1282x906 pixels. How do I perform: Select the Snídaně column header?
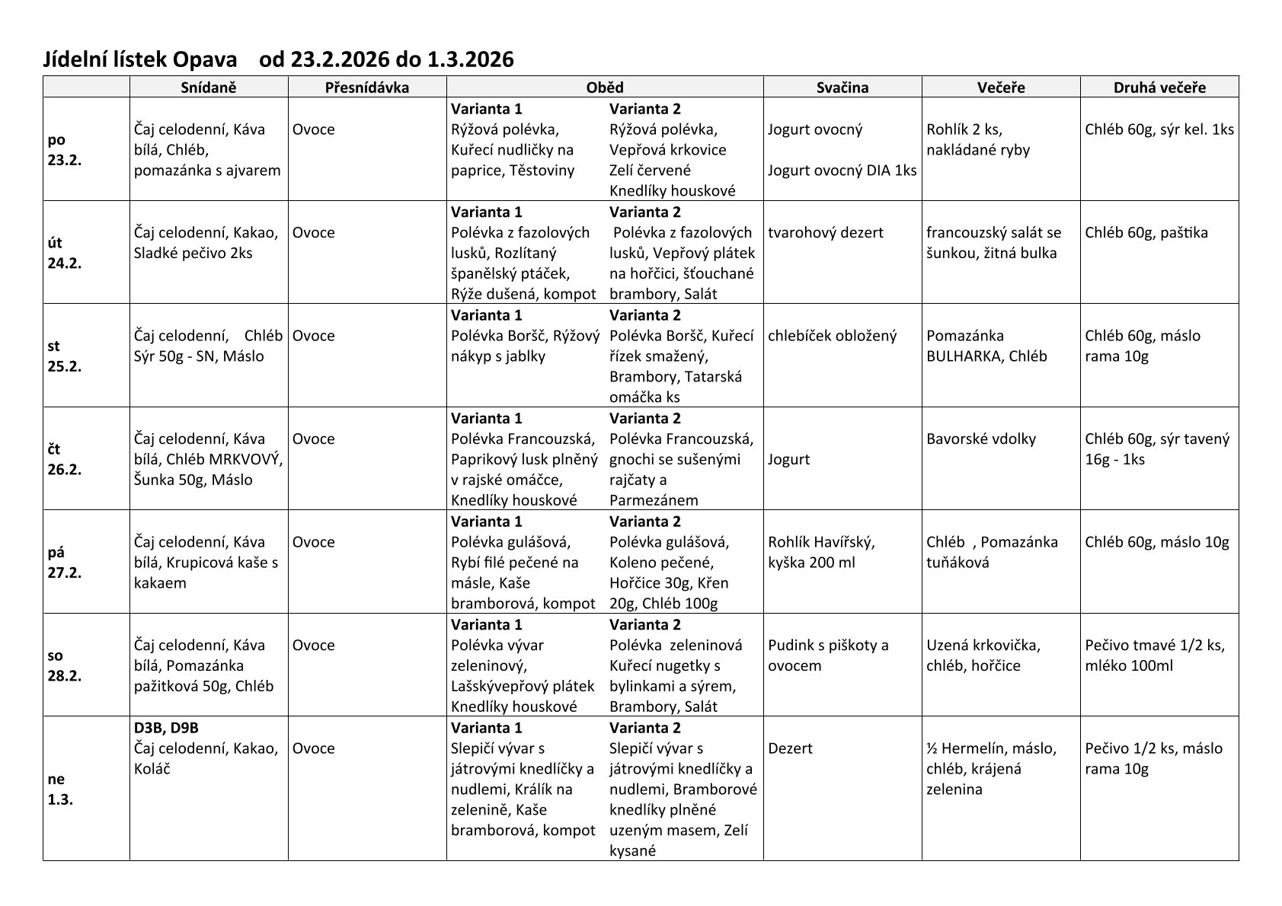[x=209, y=88]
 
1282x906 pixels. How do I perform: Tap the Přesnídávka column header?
[x=366, y=88]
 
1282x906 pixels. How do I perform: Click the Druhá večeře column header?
[x=1159, y=88]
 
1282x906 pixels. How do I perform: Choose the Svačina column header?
[x=842, y=88]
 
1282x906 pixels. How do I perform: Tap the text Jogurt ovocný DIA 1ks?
[x=842, y=171]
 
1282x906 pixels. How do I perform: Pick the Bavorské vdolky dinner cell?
[x=981, y=439]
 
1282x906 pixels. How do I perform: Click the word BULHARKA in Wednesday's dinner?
[x=963, y=356]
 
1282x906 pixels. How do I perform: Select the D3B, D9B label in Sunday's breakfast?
[x=166, y=728]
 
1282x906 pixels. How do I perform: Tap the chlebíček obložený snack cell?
[x=833, y=336]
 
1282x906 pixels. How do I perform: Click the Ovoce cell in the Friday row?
[x=314, y=542]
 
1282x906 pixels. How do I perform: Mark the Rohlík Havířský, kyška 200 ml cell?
[x=821, y=552]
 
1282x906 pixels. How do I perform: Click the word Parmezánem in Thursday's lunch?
[x=654, y=500]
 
